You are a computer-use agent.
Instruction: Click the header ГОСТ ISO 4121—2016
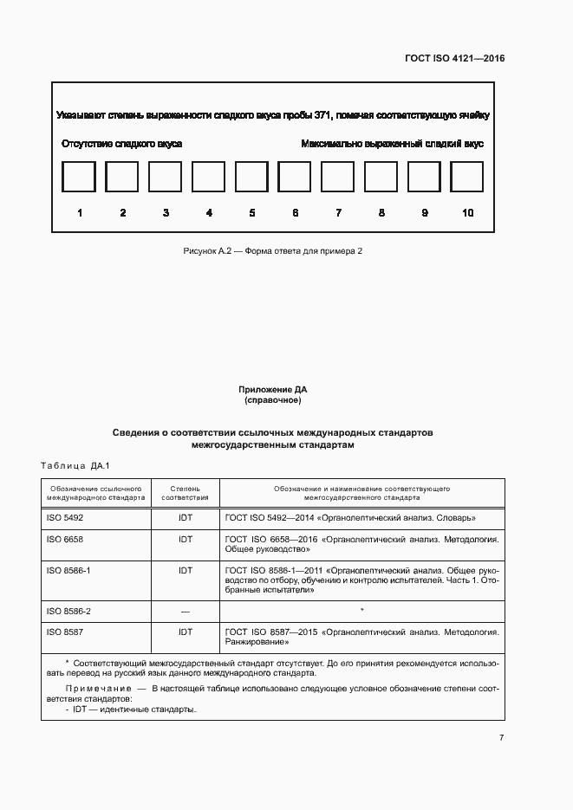pos(454,59)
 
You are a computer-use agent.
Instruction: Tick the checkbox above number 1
pos(79,178)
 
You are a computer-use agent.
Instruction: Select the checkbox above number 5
pos(251,178)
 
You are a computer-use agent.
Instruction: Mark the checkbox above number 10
pos(467,178)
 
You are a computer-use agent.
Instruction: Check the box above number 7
pos(338,178)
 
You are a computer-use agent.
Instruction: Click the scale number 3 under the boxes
pos(166,213)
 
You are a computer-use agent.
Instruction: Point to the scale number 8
pos(381,213)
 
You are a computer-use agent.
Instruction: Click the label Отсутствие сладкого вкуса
pos(121,144)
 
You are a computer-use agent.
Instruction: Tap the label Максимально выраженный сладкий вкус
pos(392,144)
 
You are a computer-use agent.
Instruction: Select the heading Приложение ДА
pos(272,391)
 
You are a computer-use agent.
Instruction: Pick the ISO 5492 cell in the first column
pos(64,517)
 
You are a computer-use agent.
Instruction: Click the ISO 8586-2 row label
pos(68,611)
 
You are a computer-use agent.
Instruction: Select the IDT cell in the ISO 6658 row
pos(186,539)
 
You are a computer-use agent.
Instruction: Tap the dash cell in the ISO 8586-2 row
pos(186,611)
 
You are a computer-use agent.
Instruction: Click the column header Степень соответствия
pos(186,493)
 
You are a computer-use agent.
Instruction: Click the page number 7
pos(501,738)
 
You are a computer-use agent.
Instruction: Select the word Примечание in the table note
pos(93,688)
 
